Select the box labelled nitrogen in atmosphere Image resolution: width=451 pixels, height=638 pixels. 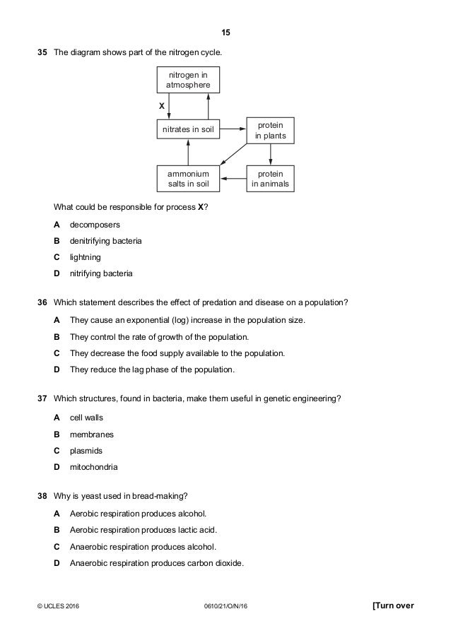coord(188,80)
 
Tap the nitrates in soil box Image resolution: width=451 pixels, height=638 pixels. coord(188,129)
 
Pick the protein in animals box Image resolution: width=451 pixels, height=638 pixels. coord(271,179)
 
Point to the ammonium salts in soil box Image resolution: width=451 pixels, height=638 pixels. coord(188,179)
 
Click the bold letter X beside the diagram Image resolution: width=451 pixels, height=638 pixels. coord(162,105)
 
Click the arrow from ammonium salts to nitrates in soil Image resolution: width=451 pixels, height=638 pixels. coord(188,152)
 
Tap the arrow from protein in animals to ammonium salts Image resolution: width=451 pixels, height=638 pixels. coord(233,179)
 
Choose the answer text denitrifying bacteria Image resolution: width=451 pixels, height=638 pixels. coord(105,241)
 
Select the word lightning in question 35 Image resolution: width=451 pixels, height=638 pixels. coord(86,257)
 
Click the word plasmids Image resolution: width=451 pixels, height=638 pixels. coord(86,449)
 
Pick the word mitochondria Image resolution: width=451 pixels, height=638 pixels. coord(94,466)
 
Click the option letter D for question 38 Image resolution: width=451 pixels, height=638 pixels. coord(57,563)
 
